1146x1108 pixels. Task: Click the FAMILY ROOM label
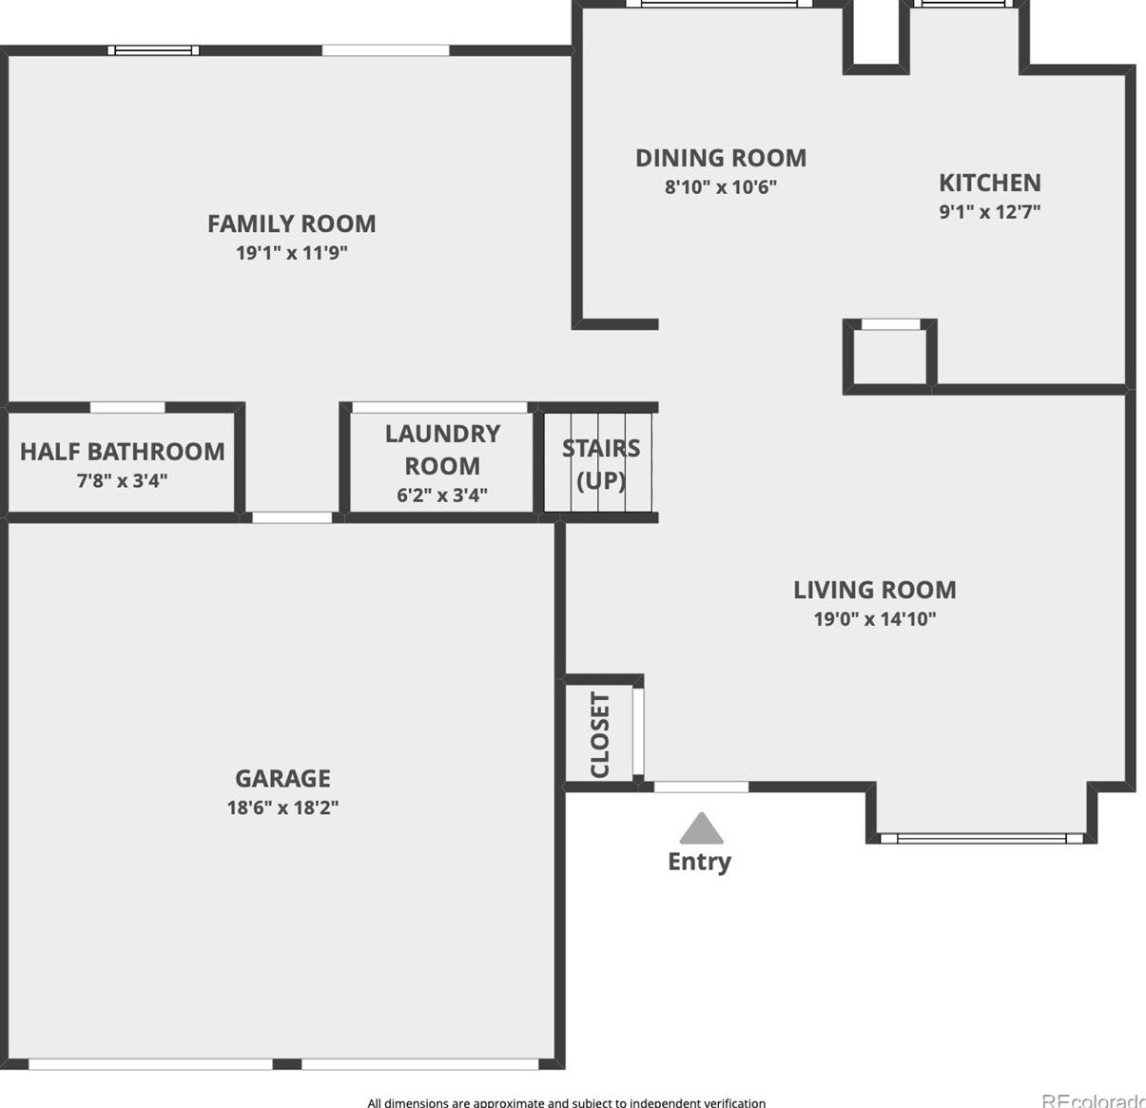291,224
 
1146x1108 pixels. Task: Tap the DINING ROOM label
720,158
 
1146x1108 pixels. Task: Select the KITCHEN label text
989,183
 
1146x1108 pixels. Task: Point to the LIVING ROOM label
874,590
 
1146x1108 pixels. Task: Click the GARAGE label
282,778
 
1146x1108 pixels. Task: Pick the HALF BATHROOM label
122,452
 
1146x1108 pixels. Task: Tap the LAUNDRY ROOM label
442,449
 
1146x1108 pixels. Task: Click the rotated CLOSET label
600,734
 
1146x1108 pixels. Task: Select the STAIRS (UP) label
601,463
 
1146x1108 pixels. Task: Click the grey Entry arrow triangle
701,829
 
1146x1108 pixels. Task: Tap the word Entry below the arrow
699,862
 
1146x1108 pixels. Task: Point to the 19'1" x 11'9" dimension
291,253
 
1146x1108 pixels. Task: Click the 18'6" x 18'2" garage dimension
282,807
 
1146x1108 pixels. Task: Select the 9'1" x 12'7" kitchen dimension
989,211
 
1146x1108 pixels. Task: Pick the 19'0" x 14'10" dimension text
874,619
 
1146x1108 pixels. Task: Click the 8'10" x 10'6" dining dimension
720,186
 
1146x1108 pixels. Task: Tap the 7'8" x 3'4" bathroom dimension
122,480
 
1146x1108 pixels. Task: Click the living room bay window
981,838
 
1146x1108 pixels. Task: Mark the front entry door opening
701,787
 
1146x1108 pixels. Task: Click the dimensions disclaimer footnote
566,1102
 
